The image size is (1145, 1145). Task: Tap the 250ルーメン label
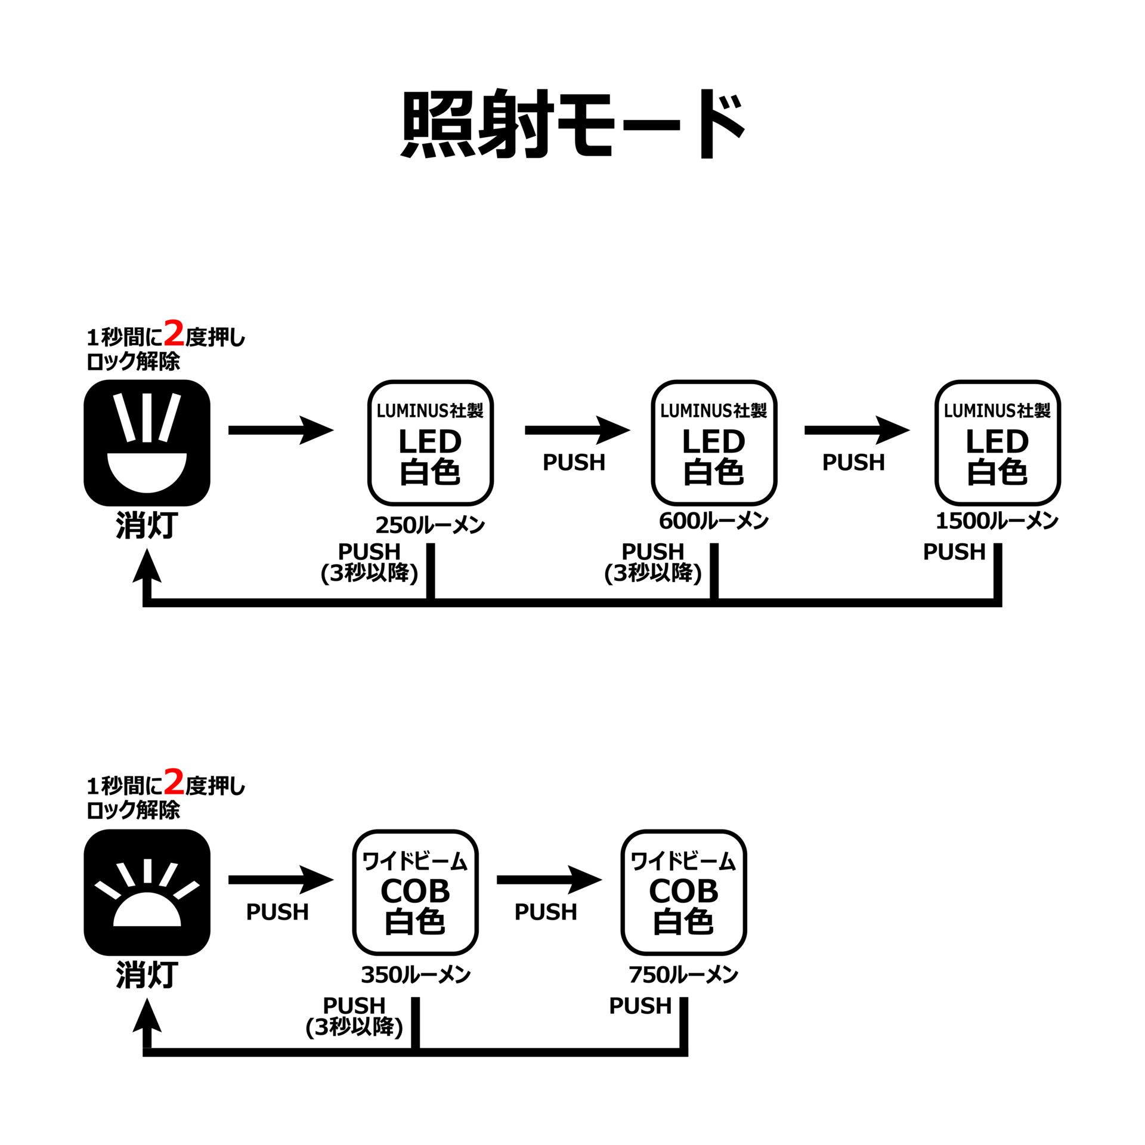point(429,525)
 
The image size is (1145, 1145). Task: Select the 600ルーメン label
point(713,521)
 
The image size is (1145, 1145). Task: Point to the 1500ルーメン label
point(997,521)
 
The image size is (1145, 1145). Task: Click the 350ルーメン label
point(415,975)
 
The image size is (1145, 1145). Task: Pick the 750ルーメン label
point(683,975)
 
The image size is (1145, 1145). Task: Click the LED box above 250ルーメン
point(430,442)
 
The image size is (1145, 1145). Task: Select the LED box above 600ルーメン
point(714,442)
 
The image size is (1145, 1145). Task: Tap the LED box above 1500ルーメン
point(997,442)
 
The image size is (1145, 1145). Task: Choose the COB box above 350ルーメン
point(415,892)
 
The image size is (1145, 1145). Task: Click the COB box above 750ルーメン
point(683,892)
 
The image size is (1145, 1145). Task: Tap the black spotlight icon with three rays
point(147,442)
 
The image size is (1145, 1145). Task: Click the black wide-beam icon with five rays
point(147,892)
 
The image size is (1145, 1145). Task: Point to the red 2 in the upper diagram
point(174,334)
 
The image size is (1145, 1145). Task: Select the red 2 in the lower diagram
point(174,782)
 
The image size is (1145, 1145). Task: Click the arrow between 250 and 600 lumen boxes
point(577,430)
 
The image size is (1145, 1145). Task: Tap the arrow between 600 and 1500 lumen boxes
point(856,430)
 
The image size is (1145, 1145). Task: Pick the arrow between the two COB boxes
point(549,880)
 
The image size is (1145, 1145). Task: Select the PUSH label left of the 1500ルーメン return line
point(954,552)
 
